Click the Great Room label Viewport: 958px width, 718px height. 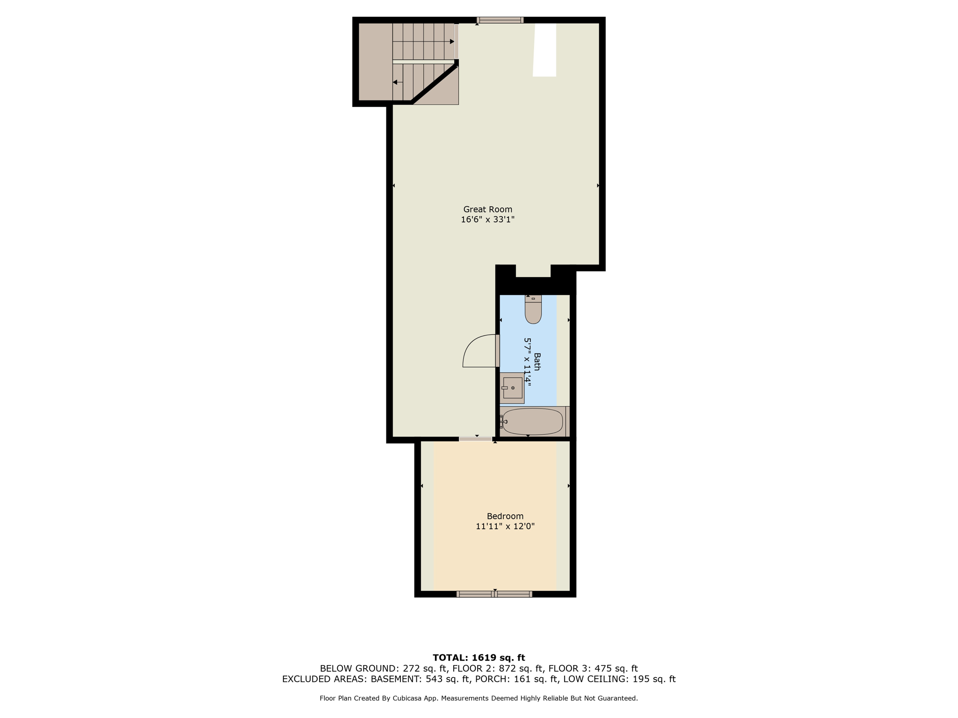pyautogui.click(x=487, y=209)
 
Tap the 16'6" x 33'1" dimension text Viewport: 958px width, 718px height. pyautogui.click(x=487, y=220)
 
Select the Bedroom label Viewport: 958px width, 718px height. pyautogui.click(x=505, y=516)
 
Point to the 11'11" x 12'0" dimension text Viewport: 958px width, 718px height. pyautogui.click(x=505, y=526)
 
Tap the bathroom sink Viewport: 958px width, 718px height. pyautogui.click(x=512, y=388)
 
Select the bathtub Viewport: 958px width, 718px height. pyautogui.click(x=532, y=421)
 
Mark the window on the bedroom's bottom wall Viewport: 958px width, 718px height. pyautogui.click(x=494, y=594)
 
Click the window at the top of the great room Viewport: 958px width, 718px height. pyautogui.click(x=500, y=20)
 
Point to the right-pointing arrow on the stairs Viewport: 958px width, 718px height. pyautogui.click(x=451, y=42)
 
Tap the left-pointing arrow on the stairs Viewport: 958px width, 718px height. pyautogui.click(x=396, y=82)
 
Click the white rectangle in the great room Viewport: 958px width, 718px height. pyautogui.click(x=544, y=50)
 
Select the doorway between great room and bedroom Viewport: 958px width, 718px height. pyautogui.click(x=475, y=439)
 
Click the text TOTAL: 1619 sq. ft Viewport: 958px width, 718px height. pyautogui.click(x=479, y=658)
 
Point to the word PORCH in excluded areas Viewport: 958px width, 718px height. pyautogui.click(x=492, y=679)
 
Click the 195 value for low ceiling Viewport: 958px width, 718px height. pyautogui.click(x=640, y=679)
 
